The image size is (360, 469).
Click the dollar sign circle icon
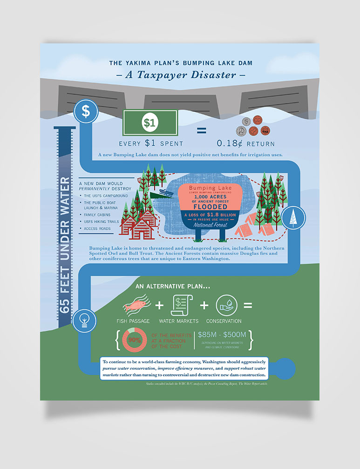click(x=86, y=111)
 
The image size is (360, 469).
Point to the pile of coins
click(x=252, y=125)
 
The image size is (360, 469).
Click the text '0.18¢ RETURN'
click(x=246, y=144)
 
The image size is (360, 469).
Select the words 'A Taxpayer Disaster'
click(x=179, y=75)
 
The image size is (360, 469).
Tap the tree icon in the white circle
click(x=293, y=218)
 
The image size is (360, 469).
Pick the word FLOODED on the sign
click(x=211, y=206)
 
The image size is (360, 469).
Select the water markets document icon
click(x=179, y=306)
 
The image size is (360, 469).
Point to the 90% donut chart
click(x=135, y=340)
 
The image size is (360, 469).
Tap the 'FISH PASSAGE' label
click(x=133, y=321)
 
